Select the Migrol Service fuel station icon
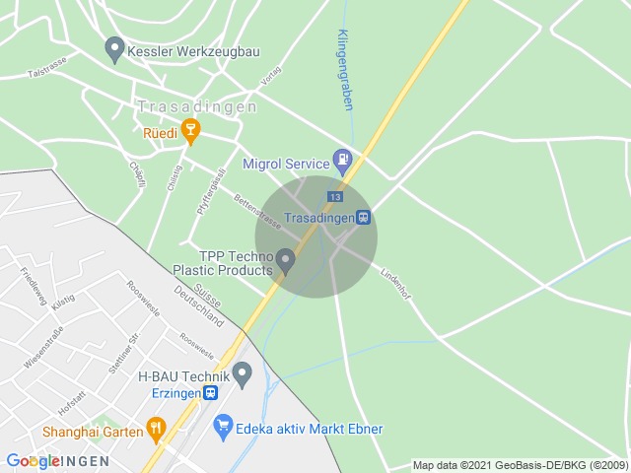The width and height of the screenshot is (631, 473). pyautogui.click(x=342, y=159)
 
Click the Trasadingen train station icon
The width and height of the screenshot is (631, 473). pyautogui.click(x=364, y=217)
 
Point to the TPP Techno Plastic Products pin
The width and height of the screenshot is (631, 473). pyautogui.click(x=286, y=260)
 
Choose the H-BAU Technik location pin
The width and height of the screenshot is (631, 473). pyautogui.click(x=243, y=374)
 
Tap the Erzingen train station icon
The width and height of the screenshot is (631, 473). pyautogui.click(x=211, y=392)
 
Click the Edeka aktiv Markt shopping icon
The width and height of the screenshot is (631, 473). pyautogui.click(x=223, y=428)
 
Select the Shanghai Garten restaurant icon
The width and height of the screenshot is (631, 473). pyautogui.click(x=156, y=428)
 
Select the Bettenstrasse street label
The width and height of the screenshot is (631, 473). pyautogui.click(x=257, y=212)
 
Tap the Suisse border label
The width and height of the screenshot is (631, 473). pyautogui.click(x=208, y=293)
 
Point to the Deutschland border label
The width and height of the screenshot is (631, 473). pyautogui.click(x=200, y=306)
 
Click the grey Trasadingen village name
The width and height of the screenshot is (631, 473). pyautogui.click(x=197, y=105)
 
